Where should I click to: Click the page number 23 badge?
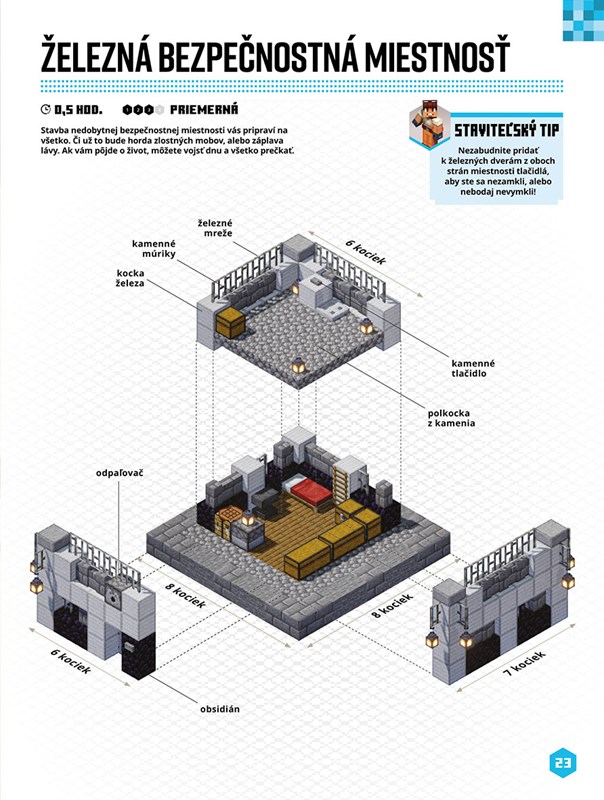(563, 763)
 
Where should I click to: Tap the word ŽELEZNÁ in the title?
(96, 54)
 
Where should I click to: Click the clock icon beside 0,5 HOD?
(46, 110)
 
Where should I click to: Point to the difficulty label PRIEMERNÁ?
(204, 110)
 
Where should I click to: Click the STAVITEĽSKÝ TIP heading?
(507, 130)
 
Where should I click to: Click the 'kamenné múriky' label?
(154, 249)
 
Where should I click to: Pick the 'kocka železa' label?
(130, 278)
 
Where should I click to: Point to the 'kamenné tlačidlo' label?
(473, 368)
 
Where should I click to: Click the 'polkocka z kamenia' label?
(451, 418)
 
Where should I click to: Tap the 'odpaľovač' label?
(120, 473)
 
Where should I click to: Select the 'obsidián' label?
(220, 709)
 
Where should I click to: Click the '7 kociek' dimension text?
(524, 663)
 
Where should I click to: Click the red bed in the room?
(308, 491)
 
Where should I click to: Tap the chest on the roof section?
(230, 323)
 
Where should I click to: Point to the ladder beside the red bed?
(341, 483)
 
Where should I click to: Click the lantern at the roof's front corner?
(298, 365)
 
